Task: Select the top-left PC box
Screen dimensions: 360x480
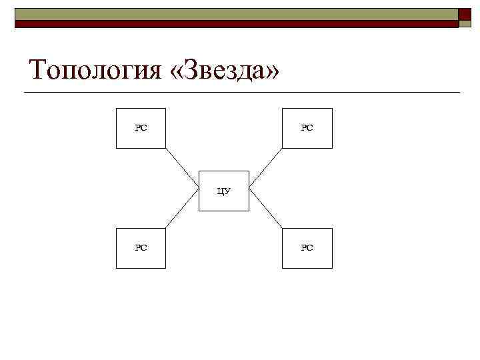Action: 141,127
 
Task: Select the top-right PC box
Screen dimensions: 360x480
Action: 307,127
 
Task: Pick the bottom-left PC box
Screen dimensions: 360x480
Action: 141,248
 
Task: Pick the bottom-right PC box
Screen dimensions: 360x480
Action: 307,248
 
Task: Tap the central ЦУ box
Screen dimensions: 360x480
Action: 224,191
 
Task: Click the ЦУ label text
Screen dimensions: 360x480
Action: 224,191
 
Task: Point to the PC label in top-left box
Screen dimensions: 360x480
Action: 141,127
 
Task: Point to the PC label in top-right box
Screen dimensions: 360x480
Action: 307,127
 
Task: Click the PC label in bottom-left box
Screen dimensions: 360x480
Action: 141,248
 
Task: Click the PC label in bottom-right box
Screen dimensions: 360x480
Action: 307,248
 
